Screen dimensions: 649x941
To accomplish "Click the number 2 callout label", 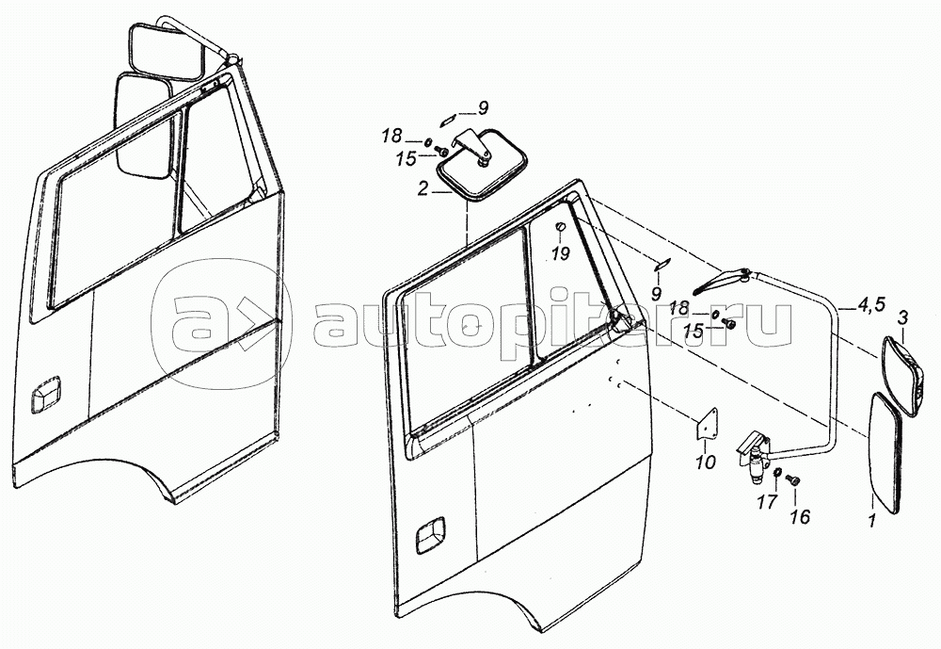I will [x=423, y=188].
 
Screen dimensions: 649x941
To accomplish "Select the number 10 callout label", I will [x=706, y=462].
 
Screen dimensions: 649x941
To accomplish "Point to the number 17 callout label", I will [x=767, y=501].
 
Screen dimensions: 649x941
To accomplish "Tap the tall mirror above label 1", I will [x=886, y=452].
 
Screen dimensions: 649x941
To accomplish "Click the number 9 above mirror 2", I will [x=482, y=105].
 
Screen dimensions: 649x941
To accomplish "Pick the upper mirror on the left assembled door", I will [x=167, y=55].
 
